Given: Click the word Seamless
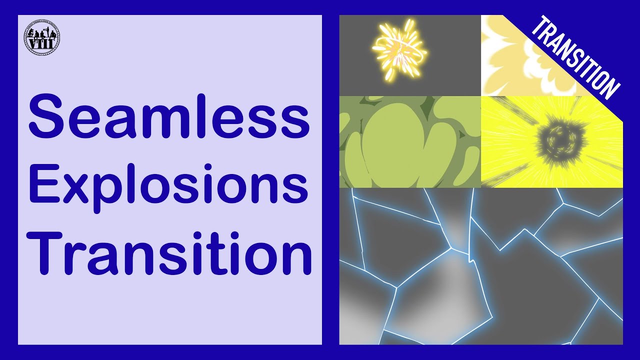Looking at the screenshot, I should point(169,117).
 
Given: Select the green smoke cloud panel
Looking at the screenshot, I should point(410,141).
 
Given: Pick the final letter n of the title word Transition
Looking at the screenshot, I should point(295,256).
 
